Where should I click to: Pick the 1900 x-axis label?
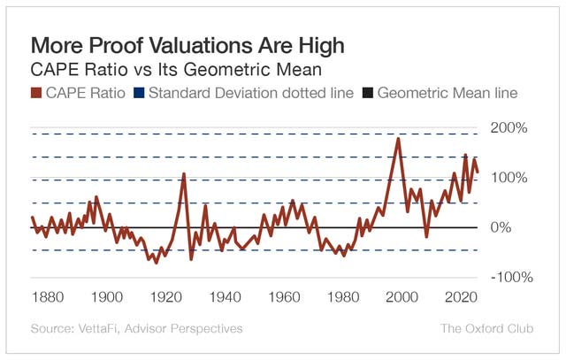[x=106, y=297]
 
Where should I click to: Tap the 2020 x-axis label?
[x=461, y=297]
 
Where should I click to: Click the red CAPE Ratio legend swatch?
[x=36, y=93]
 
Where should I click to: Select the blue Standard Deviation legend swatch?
[x=139, y=93]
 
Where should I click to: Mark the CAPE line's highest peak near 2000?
[x=399, y=139]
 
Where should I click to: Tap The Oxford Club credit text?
[x=486, y=329]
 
